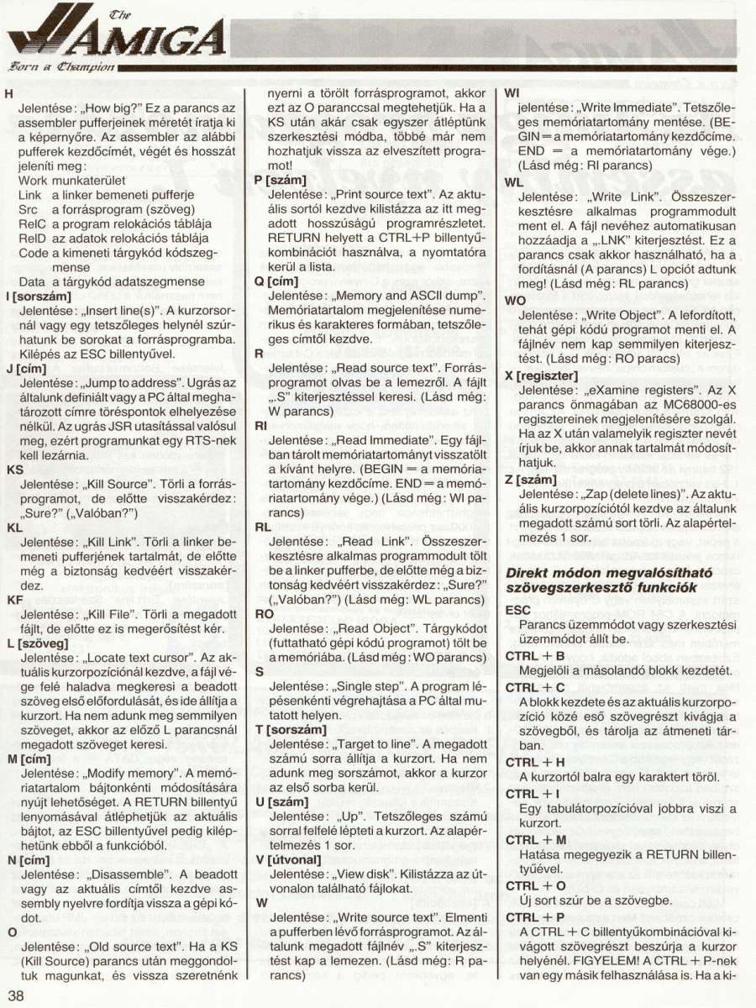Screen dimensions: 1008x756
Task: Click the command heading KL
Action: click(14, 528)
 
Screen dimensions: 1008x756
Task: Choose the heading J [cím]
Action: click(30, 368)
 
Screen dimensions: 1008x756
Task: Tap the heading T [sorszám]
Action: click(291, 729)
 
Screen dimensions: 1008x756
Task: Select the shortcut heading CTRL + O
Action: click(535, 885)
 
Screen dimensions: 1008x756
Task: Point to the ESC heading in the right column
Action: click(517, 611)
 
